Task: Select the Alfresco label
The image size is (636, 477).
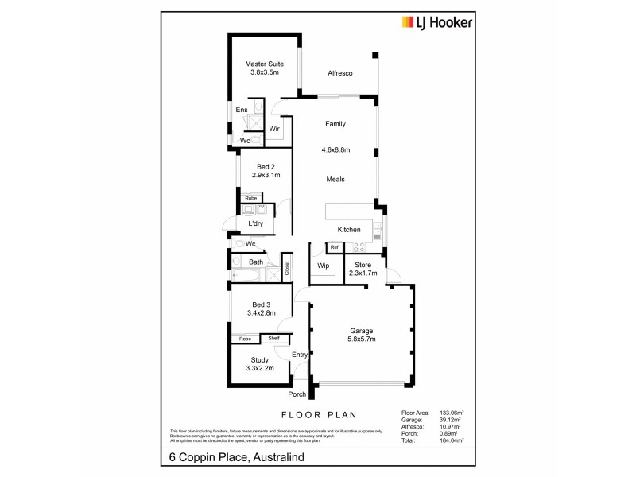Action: click(339, 74)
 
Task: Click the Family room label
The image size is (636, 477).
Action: click(335, 124)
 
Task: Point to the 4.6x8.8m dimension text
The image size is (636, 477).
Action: click(335, 149)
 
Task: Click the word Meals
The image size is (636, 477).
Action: click(335, 180)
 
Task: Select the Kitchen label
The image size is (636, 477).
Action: click(349, 229)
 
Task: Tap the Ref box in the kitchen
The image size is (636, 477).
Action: click(334, 248)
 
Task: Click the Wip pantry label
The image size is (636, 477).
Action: click(323, 265)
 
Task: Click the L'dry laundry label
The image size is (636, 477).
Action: click(256, 224)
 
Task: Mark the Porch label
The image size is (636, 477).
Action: click(297, 394)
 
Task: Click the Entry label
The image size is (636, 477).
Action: click(299, 355)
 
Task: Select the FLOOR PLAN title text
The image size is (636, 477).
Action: click(318, 415)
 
